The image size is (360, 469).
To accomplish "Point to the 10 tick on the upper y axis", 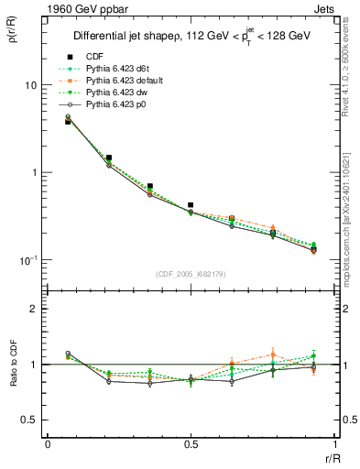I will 29,85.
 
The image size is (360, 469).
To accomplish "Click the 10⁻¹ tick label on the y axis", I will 27,260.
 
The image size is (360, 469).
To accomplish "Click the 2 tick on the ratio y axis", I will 32,309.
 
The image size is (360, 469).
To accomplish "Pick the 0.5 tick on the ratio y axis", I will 28,420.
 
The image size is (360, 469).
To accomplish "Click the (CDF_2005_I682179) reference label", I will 191,274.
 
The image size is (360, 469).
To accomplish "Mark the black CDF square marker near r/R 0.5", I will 191,205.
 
